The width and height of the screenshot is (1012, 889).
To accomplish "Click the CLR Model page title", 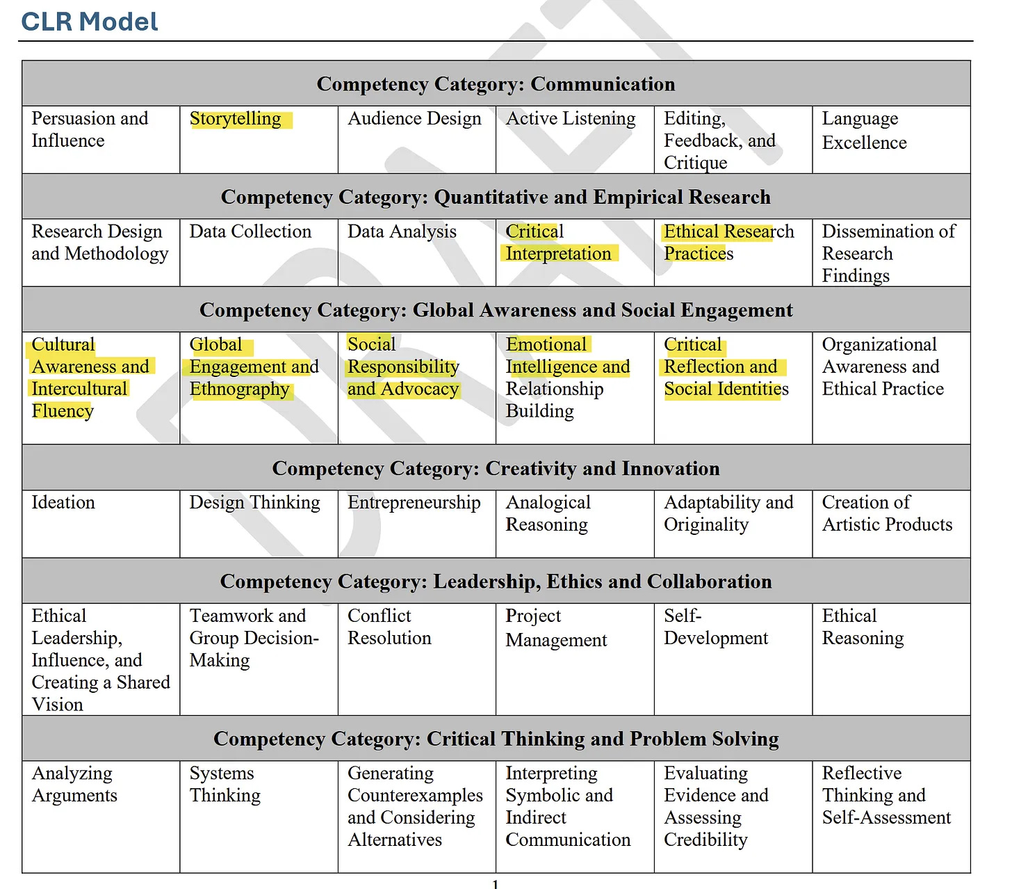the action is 90,22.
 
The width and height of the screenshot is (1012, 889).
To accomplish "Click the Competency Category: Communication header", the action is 496,84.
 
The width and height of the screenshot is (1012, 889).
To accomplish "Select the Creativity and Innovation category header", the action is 496,469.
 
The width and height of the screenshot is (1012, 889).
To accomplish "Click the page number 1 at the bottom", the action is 495,884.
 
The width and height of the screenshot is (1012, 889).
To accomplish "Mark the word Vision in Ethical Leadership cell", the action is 58,705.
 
